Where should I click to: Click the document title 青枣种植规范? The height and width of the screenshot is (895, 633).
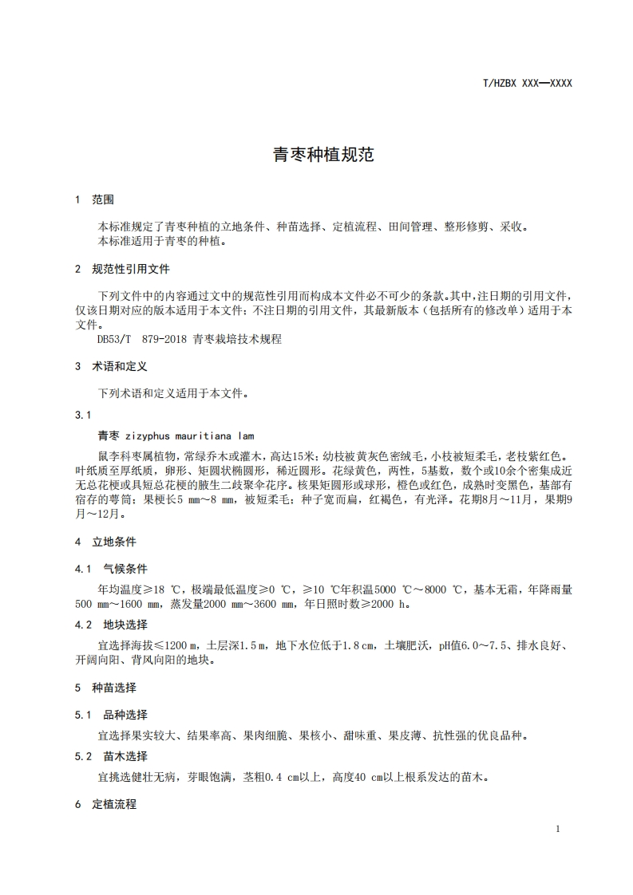[323, 155]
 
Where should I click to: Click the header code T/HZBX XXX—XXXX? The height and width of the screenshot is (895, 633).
[528, 83]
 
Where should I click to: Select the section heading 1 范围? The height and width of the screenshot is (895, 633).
[94, 199]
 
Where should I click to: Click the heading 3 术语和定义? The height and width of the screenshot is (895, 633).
[111, 366]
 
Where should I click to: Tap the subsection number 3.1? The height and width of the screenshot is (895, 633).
[82, 415]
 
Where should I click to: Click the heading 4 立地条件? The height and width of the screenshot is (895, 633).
[105, 542]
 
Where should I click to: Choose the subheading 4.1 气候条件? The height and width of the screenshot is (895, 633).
[111, 569]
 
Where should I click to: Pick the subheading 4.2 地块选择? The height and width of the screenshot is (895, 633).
[111, 624]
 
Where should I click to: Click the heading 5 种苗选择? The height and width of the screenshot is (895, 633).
[105, 687]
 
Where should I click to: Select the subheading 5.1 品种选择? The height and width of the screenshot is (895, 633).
[111, 715]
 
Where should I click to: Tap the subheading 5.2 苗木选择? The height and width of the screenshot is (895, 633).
[111, 755]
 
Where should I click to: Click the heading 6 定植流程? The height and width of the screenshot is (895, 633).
[105, 804]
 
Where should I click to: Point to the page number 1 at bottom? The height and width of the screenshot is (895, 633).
[558, 829]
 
